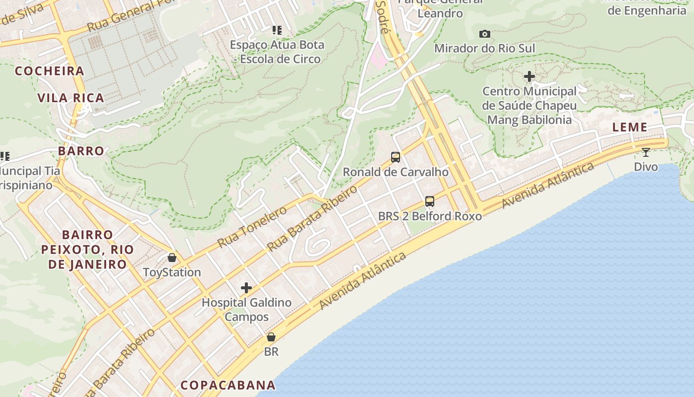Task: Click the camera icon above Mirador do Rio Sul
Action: tap(485, 34)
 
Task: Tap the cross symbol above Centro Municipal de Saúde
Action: tap(529, 76)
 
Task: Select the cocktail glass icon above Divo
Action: tap(645, 152)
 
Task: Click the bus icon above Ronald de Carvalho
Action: tap(396, 157)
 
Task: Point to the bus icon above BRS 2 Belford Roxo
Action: tap(430, 201)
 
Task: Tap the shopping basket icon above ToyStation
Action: tap(172, 258)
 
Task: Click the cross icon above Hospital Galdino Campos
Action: tap(246, 288)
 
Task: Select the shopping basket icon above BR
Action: tap(271, 337)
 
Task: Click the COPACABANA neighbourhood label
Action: tap(228, 385)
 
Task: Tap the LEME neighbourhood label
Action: tap(630, 127)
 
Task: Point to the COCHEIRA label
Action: tap(50, 71)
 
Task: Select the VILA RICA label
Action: tap(71, 98)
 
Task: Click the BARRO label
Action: tap(81, 151)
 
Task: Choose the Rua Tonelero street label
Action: tap(252, 227)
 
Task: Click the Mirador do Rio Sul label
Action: tap(485, 48)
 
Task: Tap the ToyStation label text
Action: tap(172, 272)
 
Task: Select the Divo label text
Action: tap(646, 167)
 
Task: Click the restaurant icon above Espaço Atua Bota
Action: tap(277, 30)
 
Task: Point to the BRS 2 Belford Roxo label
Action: tap(430, 216)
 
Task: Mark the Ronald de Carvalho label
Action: tap(396, 172)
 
